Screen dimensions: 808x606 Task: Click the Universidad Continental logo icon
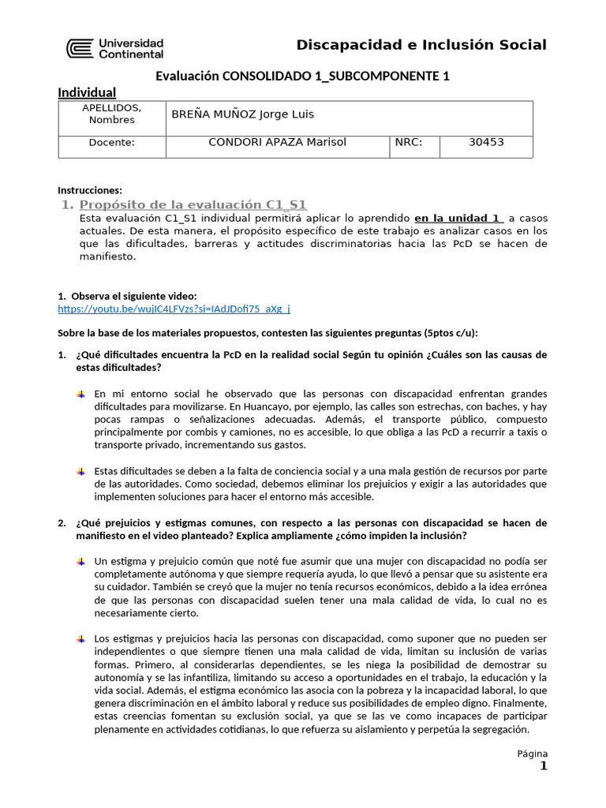[80, 49]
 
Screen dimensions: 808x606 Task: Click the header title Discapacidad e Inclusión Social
[421, 45]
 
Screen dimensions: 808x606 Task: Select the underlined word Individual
[87, 93]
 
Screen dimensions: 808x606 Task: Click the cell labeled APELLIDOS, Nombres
[111, 114]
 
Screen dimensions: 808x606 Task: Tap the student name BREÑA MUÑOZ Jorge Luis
[242, 114]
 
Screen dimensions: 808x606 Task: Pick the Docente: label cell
[111, 143]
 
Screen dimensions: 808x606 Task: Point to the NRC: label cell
[410, 143]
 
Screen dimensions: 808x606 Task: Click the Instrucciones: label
[90, 190]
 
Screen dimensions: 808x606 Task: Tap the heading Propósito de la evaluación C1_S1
[193, 204]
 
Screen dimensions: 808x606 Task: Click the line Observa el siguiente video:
[128, 296]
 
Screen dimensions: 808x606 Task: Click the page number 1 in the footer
[543, 766]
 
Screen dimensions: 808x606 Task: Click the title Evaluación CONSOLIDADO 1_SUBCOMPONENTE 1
[302, 76]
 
